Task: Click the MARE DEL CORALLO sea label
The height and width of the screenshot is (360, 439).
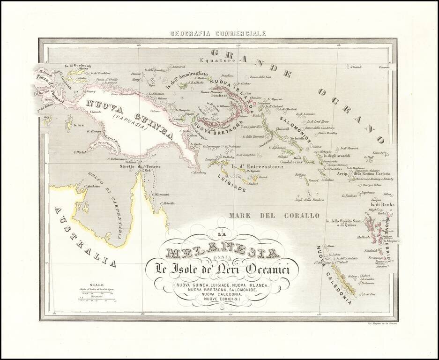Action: pyautogui.click(x=274, y=216)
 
